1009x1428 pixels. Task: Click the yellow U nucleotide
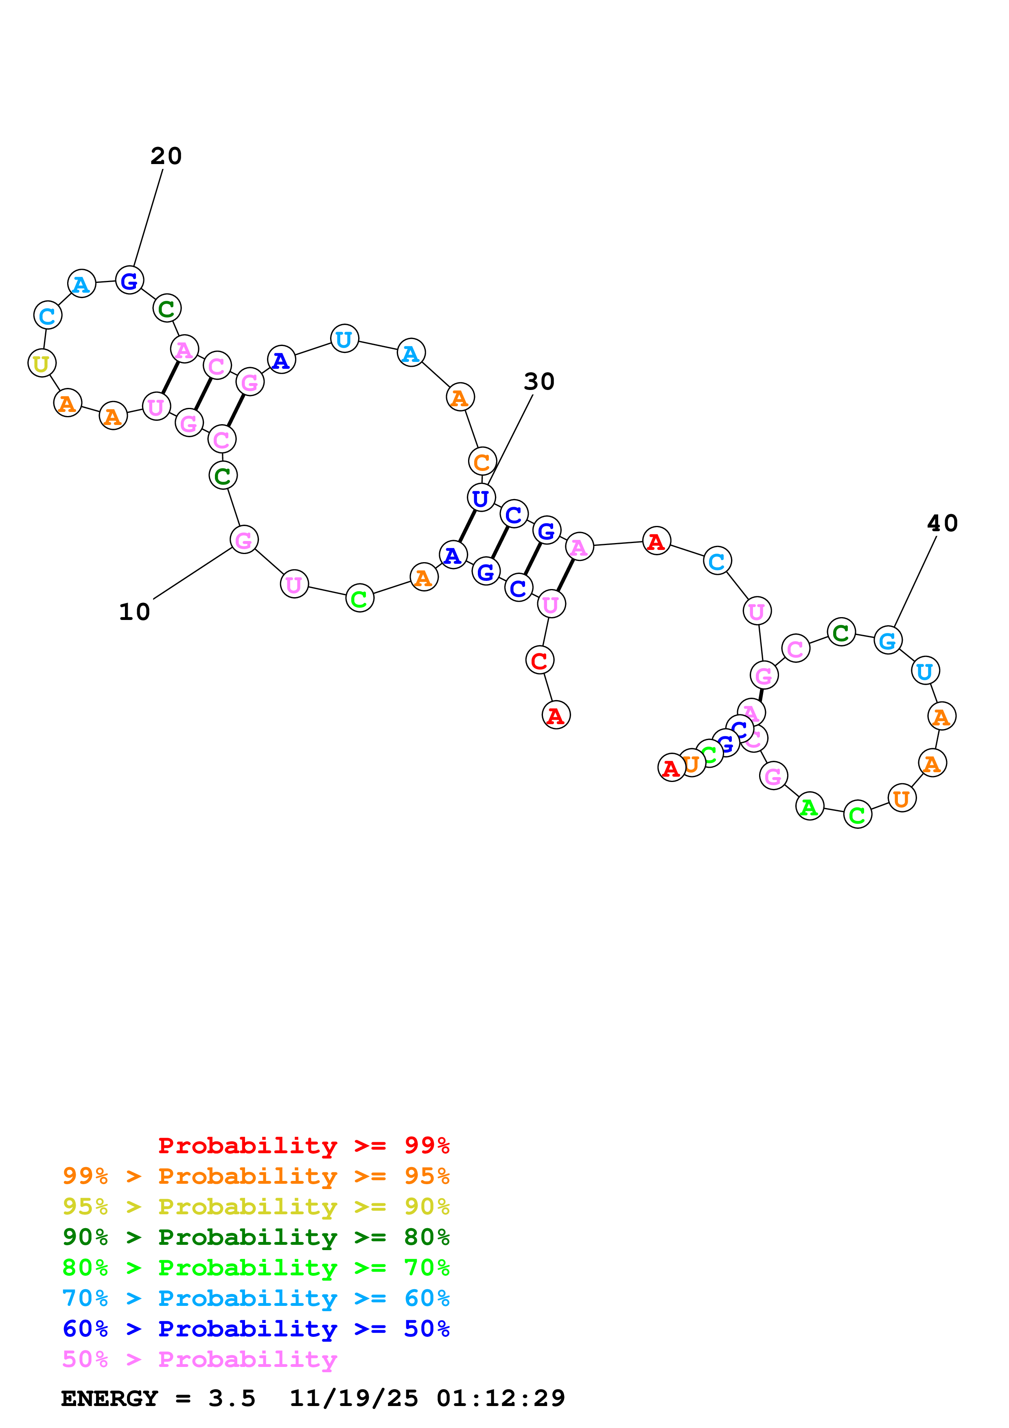click(42, 363)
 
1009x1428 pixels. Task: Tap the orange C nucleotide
click(482, 462)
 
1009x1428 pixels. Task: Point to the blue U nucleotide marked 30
click(481, 497)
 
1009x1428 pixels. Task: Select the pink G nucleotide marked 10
click(244, 539)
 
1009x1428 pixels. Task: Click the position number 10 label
click(134, 612)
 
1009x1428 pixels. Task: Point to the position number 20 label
click(166, 156)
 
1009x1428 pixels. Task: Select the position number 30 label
click(539, 382)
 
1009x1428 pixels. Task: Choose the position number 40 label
click(943, 523)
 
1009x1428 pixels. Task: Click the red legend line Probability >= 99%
click(303, 1145)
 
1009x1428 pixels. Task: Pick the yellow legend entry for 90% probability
click(256, 1206)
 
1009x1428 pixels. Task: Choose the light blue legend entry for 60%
click(256, 1298)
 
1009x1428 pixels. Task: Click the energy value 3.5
click(232, 1398)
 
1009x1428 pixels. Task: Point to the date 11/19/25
click(354, 1398)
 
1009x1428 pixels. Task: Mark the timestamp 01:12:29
click(501, 1398)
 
